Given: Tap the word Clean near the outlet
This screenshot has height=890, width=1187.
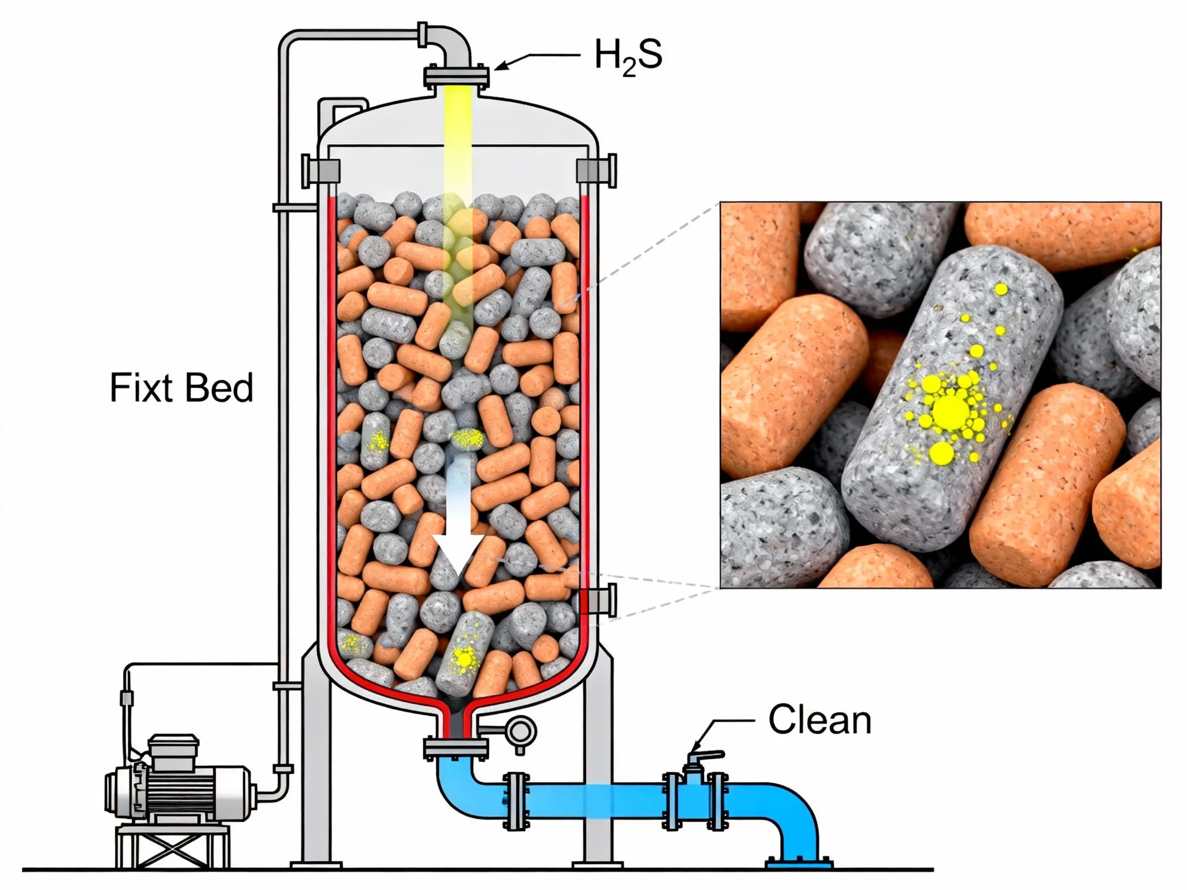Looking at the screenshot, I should coord(820,720).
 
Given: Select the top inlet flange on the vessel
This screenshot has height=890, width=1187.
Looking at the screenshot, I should coord(456,77).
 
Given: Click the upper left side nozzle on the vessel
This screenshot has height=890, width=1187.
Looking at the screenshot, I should coord(320,170).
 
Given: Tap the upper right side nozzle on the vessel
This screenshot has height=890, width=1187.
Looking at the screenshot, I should coord(597,170).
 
